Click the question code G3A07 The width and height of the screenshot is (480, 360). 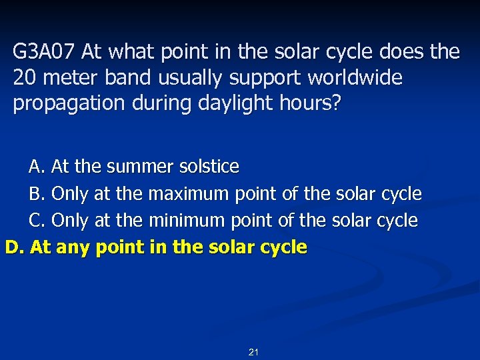44,52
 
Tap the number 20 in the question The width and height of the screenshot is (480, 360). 25,78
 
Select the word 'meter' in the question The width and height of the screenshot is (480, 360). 67,78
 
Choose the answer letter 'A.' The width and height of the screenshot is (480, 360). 37,166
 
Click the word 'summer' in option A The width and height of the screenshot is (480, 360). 139,166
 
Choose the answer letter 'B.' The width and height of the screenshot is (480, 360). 37,194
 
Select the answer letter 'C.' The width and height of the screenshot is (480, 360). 37,221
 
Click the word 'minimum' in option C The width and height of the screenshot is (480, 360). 186,221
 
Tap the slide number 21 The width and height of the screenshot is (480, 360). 253,352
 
